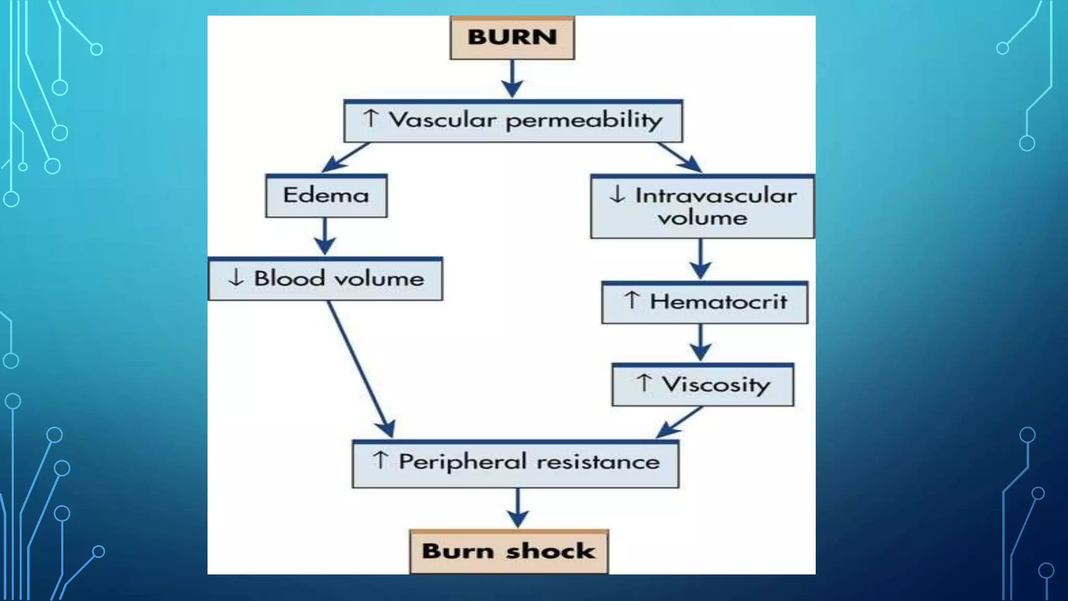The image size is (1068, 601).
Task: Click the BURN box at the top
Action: tap(512, 38)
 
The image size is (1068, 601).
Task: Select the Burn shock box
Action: tap(509, 551)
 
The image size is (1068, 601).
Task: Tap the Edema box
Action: tap(326, 196)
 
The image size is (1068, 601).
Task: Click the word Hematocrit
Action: tap(719, 302)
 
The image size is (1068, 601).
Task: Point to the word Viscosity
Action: tap(716, 385)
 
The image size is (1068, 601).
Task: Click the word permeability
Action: tap(584, 121)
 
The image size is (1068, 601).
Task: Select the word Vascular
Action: tap(443, 120)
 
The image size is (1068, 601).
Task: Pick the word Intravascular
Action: tap(716, 196)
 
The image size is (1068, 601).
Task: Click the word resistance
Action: tap(598, 462)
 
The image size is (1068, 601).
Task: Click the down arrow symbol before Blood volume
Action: tap(236, 278)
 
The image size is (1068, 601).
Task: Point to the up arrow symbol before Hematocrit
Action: tap(632, 300)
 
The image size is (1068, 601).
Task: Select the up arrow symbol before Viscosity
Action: tap(645, 383)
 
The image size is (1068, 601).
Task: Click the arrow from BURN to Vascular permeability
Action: tap(513, 79)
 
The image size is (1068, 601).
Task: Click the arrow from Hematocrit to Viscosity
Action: tap(700, 343)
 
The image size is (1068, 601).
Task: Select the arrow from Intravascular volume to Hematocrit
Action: tap(700, 259)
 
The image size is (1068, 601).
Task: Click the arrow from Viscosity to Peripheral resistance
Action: tap(679, 422)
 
